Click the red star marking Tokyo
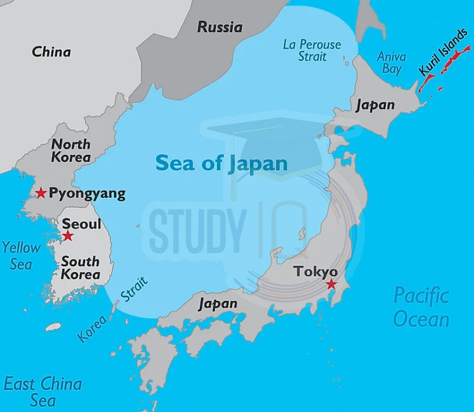[331, 284]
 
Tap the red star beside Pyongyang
[41, 193]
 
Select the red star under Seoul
[68, 236]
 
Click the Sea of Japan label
[221, 163]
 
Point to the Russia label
[220, 27]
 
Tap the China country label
[51, 52]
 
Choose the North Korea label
[71, 150]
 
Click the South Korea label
[80, 268]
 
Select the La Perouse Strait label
[312, 51]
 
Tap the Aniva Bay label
[391, 62]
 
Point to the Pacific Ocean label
[422, 307]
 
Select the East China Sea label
[42, 392]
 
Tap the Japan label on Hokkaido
[375, 105]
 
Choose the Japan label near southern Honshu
[217, 303]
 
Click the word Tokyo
[315, 271]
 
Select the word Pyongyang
[87, 194]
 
